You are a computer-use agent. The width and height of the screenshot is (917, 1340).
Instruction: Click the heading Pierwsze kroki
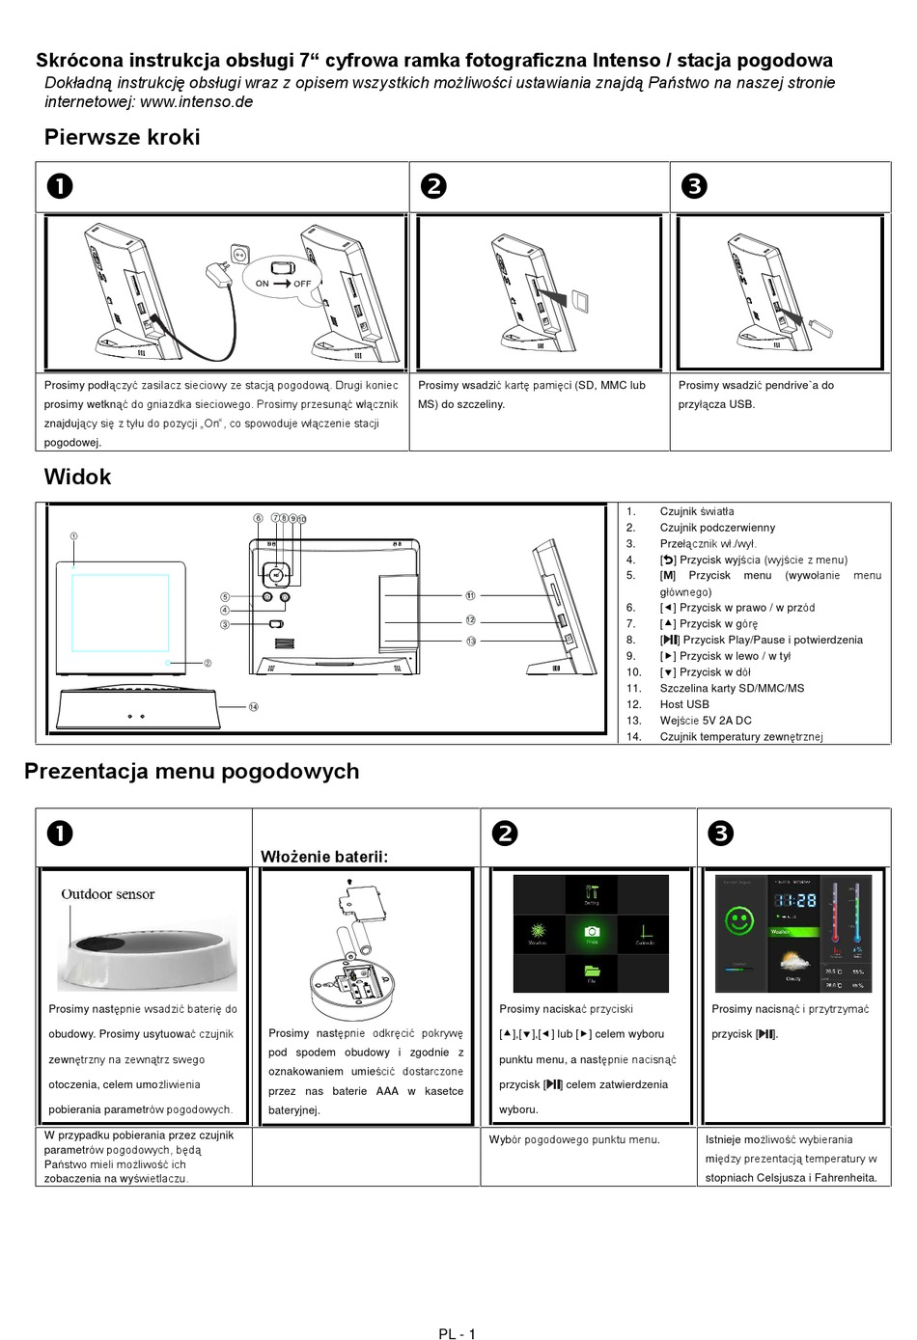coord(122,137)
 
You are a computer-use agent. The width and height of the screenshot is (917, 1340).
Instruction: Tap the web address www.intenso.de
coord(196,102)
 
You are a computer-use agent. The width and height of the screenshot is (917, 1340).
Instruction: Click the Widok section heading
coord(77,477)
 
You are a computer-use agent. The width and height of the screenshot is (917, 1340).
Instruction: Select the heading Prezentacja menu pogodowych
coord(191,771)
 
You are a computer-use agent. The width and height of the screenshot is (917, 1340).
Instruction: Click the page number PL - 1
coord(457,1333)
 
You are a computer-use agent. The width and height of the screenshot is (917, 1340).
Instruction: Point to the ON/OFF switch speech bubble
coord(283,278)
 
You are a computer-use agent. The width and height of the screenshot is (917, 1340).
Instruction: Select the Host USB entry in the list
coord(684,704)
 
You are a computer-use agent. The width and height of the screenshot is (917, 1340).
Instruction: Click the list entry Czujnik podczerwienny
coord(717,528)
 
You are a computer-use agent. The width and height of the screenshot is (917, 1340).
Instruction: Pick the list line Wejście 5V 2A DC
coord(705,721)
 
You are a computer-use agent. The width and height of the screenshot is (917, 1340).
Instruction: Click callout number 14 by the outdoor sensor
coord(254,707)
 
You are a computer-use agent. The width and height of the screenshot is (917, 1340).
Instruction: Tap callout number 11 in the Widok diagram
coord(470,595)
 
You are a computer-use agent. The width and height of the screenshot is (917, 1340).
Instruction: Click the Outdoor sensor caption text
coord(108,894)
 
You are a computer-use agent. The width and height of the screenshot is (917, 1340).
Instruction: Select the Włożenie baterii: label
coord(324,857)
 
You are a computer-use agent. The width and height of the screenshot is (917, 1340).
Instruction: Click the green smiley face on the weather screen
coord(740,920)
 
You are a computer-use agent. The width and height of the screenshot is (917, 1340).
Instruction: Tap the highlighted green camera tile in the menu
coord(592,933)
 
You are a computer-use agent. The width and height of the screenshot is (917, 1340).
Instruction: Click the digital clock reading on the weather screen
coord(795,901)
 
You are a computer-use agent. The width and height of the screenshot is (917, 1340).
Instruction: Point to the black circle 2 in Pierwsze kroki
coord(434,186)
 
